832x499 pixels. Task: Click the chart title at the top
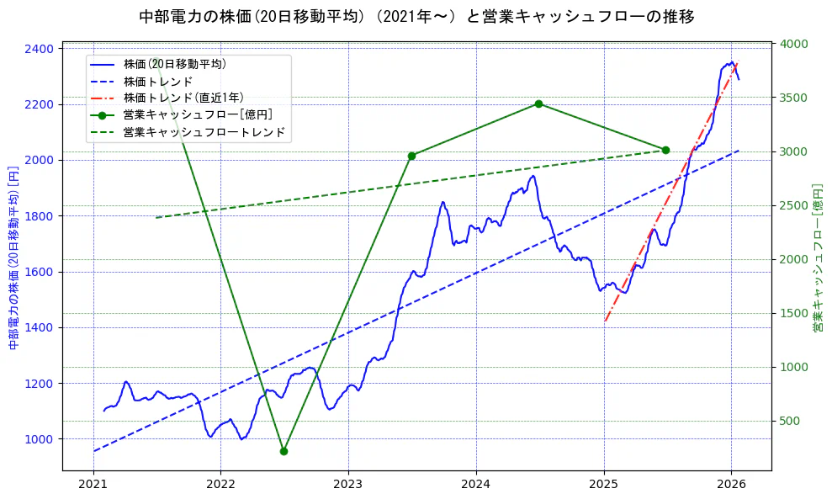[416, 17]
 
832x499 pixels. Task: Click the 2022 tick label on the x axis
[220, 485]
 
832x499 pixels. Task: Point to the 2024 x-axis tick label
[476, 485]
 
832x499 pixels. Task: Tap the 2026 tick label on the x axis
[731, 485]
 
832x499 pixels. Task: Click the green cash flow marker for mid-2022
[284, 451]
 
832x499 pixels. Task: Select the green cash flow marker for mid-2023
[411, 156]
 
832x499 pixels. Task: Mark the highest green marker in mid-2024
[538, 104]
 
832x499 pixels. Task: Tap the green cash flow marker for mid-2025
[665, 150]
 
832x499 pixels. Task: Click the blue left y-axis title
[13, 257]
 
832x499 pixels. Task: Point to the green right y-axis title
[818, 257]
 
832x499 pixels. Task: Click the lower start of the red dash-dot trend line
[605, 321]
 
